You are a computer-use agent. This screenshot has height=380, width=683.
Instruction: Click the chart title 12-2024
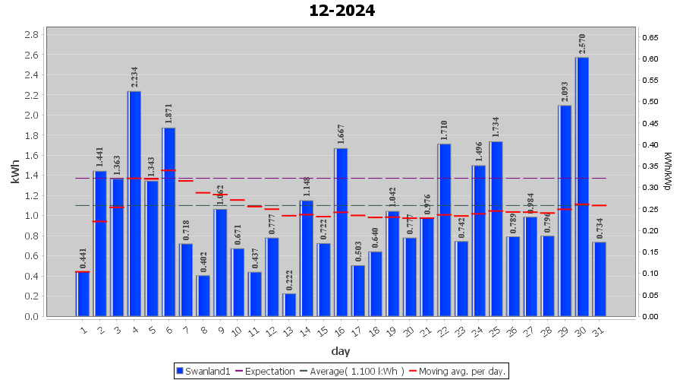coord(341,11)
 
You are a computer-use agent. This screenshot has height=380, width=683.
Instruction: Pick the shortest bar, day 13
coord(289,305)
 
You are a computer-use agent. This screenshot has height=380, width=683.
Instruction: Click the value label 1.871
coord(168,114)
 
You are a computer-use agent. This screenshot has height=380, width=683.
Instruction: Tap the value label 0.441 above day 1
coord(83,258)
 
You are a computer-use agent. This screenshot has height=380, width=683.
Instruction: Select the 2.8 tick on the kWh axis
coord(32,35)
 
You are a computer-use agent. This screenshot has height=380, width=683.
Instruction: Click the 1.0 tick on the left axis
coord(32,216)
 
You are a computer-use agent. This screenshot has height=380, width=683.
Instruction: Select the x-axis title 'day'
coord(341,350)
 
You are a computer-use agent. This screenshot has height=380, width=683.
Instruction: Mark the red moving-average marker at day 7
coord(186,181)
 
